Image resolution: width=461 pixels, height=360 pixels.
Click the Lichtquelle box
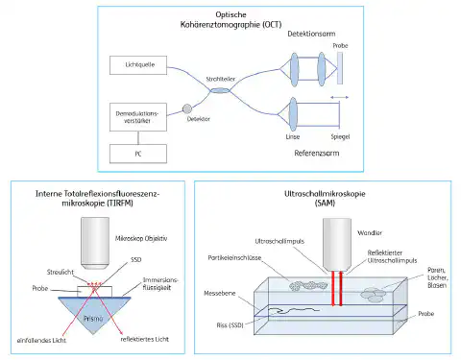pyautogui.click(x=146, y=65)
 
